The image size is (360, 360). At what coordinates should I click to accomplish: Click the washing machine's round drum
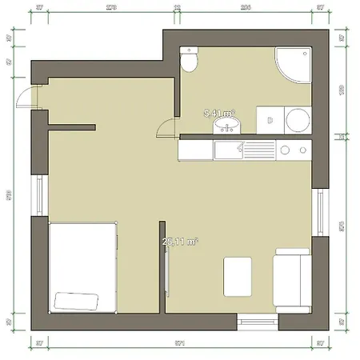tap(295, 121)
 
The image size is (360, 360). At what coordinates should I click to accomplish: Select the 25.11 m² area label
tap(180, 240)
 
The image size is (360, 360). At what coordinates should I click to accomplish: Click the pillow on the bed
tap(76, 302)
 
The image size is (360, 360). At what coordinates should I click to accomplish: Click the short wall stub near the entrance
tap(72, 126)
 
